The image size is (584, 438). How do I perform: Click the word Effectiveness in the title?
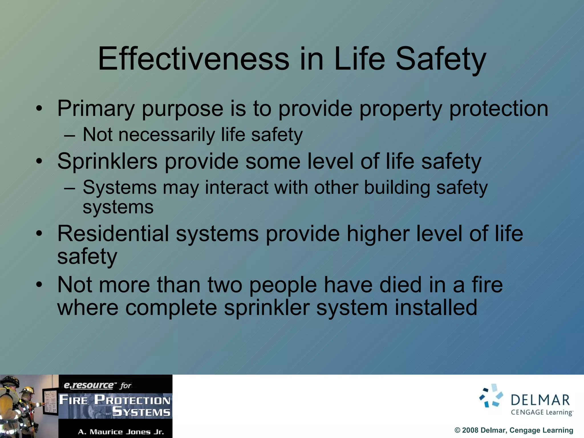(x=193, y=59)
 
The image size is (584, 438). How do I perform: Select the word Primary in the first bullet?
(x=96, y=109)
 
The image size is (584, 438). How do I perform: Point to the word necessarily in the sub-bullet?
(x=167, y=135)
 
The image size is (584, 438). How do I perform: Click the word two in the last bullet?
(x=225, y=285)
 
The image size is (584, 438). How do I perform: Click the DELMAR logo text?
(x=540, y=400)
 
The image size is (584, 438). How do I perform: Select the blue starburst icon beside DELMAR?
(x=491, y=396)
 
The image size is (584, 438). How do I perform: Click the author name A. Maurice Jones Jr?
(x=121, y=432)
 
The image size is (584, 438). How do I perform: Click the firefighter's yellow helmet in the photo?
(x=27, y=390)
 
